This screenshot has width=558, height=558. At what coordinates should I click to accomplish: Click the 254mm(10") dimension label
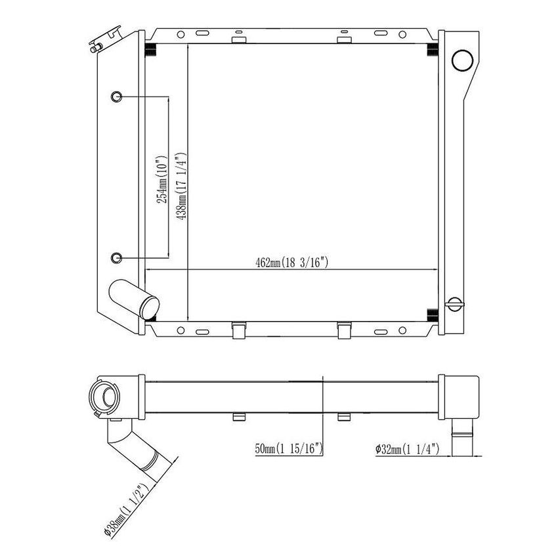(162, 177)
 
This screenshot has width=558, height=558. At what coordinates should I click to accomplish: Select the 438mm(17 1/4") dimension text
(182, 186)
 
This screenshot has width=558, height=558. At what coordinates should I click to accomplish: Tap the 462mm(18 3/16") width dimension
(291, 263)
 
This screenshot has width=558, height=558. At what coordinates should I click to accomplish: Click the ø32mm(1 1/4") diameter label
(412, 450)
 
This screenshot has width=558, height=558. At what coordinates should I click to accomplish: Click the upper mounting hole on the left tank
(116, 97)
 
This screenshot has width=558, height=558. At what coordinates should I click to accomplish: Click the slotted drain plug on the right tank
(454, 303)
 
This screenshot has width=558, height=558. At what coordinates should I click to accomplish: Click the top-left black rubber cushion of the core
(150, 50)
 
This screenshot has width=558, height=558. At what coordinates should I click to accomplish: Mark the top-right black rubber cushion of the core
(433, 50)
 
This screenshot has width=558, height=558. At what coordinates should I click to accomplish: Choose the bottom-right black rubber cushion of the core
(433, 314)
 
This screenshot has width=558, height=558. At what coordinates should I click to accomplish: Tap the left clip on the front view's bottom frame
(239, 329)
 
